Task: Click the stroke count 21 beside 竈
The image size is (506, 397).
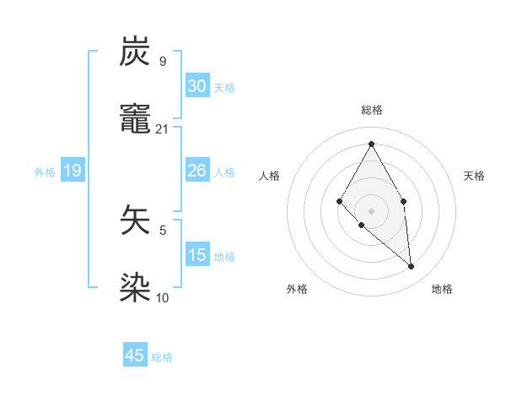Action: point(163,128)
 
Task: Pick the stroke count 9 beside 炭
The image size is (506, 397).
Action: point(163,62)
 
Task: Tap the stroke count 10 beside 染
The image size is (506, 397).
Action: point(163,297)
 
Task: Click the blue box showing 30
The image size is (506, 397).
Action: point(197,86)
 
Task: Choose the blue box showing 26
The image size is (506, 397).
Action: point(197,171)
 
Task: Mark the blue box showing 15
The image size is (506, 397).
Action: point(197,255)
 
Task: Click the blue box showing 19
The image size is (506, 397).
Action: point(73,171)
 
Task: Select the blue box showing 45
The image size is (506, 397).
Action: point(135,356)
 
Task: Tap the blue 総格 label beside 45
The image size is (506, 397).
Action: point(162,357)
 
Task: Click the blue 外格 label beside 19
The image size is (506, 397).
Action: point(45,172)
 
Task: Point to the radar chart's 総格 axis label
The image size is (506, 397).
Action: point(371,110)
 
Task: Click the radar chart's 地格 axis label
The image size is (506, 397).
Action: point(442,289)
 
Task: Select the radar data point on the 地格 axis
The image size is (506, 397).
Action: point(412,267)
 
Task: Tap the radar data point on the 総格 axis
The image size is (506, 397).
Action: point(371,144)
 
